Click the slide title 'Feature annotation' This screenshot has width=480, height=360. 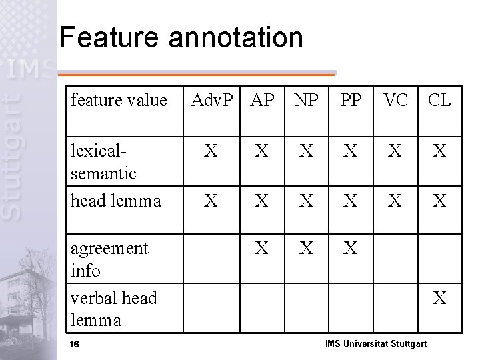point(181,38)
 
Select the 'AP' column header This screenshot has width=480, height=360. point(263,101)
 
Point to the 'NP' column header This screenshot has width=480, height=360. point(306,101)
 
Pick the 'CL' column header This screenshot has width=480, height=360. point(439,101)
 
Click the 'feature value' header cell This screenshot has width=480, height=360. point(119,101)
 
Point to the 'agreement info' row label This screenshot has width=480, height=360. point(109,259)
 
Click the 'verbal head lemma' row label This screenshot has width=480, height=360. point(113,309)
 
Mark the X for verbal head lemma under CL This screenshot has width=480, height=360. point(439,298)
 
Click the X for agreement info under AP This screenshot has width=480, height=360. point(263,249)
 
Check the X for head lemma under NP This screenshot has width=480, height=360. point(306,201)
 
